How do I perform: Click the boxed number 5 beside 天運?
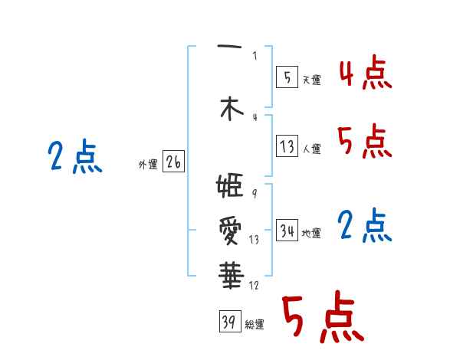tap(287, 77)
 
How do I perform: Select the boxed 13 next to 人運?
tap(287, 146)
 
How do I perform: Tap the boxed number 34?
tap(287, 231)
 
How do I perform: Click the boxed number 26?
tap(173, 162)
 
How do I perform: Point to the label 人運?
tap(311, 149)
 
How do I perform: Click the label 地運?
tap(311, 234)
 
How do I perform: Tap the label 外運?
tap(148, 165)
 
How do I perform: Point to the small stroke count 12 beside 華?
tap(254, 286)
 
